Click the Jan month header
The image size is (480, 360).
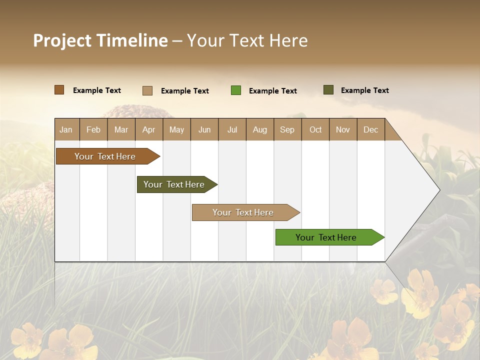(x=66, y=129)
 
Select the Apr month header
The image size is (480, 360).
(x=149, y=129)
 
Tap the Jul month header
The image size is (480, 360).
(x=232, y=129)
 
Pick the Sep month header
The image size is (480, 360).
(x=287, y=129)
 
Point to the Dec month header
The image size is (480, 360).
(x=370, y=129)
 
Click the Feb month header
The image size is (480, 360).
(x=93, y=129)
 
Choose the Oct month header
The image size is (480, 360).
(x=315, y=129)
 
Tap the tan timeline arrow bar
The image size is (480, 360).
(x=243, y=212)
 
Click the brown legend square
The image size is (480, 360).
(x=59, y=90)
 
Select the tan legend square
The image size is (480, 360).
(x=147, y=90)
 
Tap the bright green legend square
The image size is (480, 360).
(x=236, y=90)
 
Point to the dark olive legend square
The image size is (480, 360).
(x=328, y=90)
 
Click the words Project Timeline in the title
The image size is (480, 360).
(x=100, y=40)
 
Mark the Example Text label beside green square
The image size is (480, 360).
(x=272, y=91)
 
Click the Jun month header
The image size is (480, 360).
(x=204, y=129)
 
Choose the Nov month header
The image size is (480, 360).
(x=343, y=129)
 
